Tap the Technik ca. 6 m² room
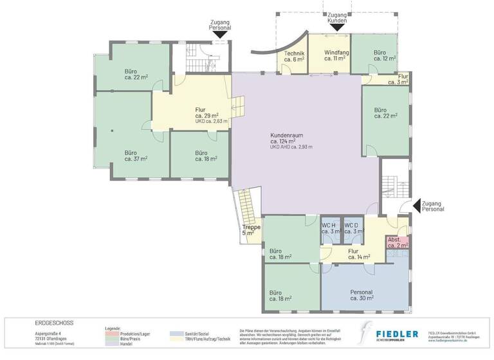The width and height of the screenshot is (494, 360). [x=290, y=56]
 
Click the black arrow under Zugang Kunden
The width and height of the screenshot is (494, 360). [x=337, y=28]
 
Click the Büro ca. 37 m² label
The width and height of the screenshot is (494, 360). [x=136, y=156]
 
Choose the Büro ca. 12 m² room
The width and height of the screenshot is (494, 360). [x=384, y=55]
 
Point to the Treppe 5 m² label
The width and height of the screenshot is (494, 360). [x=251, y=230]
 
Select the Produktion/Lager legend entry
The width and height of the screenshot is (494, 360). [x=134, y=333]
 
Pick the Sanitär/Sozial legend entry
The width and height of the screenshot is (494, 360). [x=193, y=333]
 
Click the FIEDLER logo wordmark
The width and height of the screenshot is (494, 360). [x=397, y=334]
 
